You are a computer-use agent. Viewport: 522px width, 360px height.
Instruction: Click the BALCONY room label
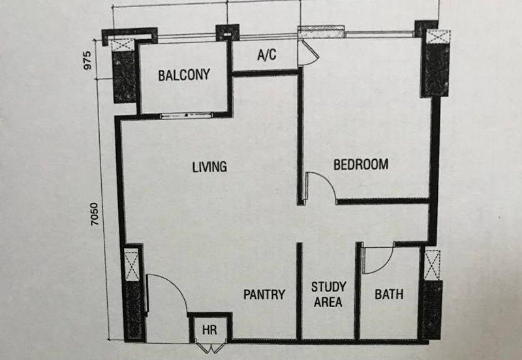(x=184, y=75)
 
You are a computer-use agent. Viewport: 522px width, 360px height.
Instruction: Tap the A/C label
(x=267, y=55)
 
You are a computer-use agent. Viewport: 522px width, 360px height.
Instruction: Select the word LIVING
(x=209, y=167)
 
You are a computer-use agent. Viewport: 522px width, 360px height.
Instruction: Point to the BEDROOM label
(x=361, y=165)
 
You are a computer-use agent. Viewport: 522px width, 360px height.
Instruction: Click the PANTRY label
(x=264, y=294)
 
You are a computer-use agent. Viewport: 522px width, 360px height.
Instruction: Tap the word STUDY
(x=329, y=287)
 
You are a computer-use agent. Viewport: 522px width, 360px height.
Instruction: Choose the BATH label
(x=389, y=294)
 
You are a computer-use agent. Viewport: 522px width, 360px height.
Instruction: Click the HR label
(x=209, y=330)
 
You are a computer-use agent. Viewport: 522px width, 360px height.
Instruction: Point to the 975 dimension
(x=87, y=60)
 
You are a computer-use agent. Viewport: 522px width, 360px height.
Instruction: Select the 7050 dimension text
(x=95, y=214)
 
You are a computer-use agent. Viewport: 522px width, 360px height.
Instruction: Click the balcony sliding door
(x=186, y=116)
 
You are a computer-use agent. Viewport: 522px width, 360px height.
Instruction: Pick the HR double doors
(x=211, y=348)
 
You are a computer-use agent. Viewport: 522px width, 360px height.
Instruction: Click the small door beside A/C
(x=309, y=53)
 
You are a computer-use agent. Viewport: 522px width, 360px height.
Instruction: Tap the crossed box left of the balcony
(x=123, y=44)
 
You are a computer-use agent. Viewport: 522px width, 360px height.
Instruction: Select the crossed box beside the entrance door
(x=132, y=265)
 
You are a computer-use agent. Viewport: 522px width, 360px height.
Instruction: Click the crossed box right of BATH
(x=433, y=265)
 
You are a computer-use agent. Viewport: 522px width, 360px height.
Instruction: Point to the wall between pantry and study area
(x=299, y=292)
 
